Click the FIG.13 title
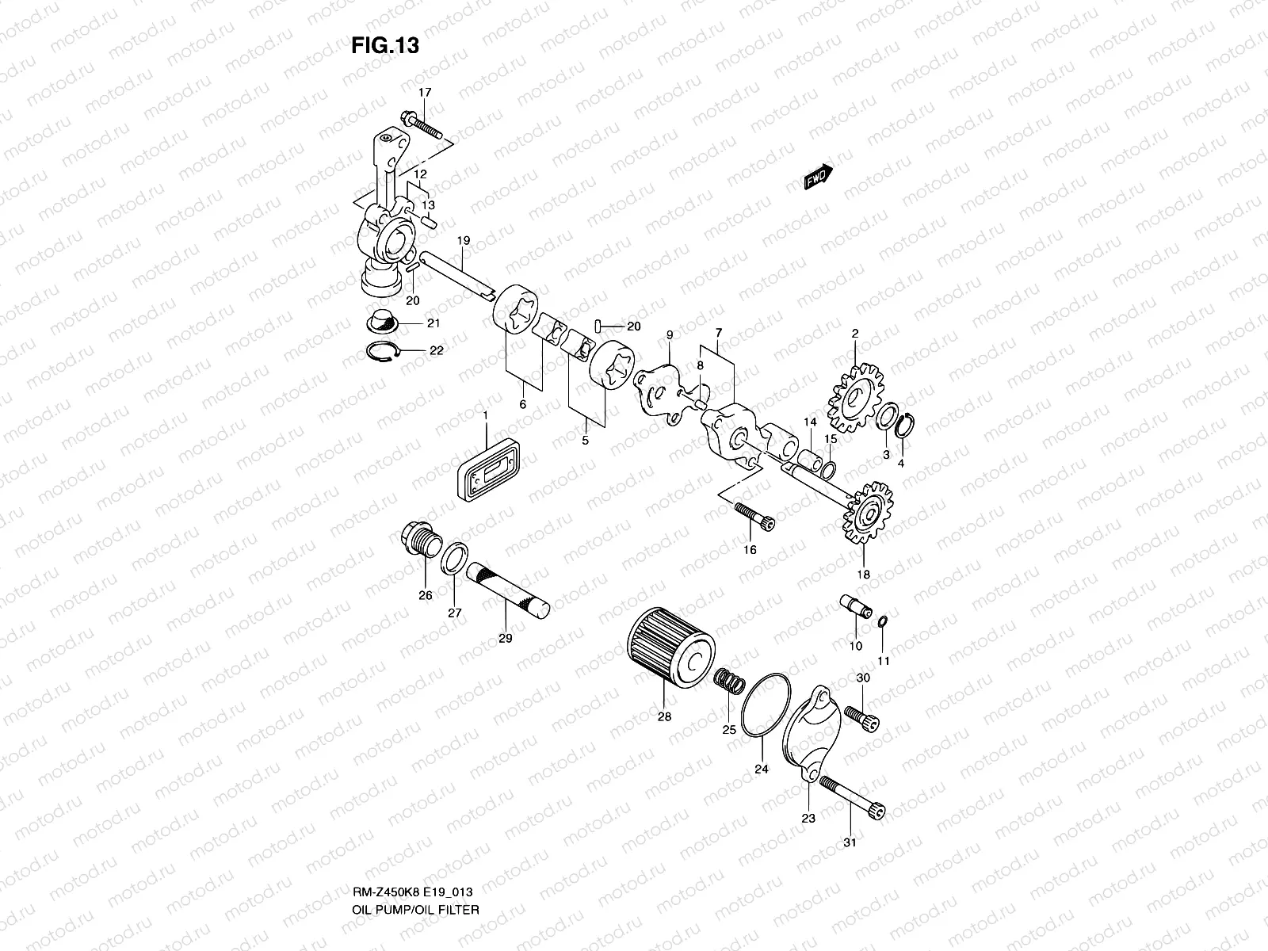click(x=385, y=46)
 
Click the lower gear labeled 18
click(x=869, y=515)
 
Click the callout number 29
click(x=506, y=638)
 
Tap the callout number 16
click(x=750, y=549)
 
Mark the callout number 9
click(x=669, y=336)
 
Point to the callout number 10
click(x=855, y=646)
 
